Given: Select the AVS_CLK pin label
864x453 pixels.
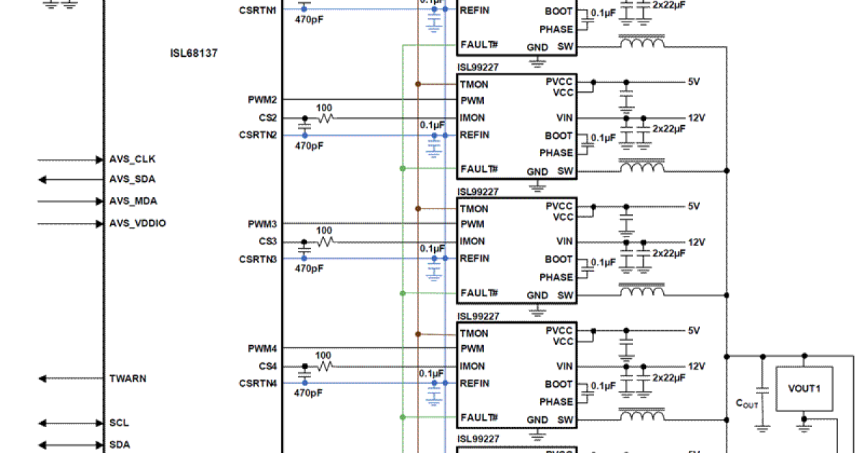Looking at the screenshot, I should coord(132,159).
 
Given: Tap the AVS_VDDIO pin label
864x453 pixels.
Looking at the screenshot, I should coord(138,224).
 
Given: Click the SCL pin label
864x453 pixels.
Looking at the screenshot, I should coord(119,423).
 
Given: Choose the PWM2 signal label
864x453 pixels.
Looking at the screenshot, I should coord(263,100).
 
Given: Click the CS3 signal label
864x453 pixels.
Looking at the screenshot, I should coord(268,242).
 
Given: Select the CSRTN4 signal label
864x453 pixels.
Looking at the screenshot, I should coord(258,383).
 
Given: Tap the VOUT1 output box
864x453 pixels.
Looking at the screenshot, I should coord(804,389).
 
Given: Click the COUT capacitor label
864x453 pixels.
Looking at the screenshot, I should coord(747,404).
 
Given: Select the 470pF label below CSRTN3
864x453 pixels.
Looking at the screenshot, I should coord(309,268).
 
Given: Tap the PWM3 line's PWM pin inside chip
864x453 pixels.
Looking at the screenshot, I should coord(472,224).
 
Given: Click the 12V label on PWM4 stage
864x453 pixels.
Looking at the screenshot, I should coord(696,366).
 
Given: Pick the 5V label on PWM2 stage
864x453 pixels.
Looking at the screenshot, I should coord(693,82).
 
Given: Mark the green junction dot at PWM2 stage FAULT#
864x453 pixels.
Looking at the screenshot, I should coord(402,169).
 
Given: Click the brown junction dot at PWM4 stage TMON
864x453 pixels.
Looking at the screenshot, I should coord(418,334).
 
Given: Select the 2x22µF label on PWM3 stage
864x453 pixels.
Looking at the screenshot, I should coord(669,253).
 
